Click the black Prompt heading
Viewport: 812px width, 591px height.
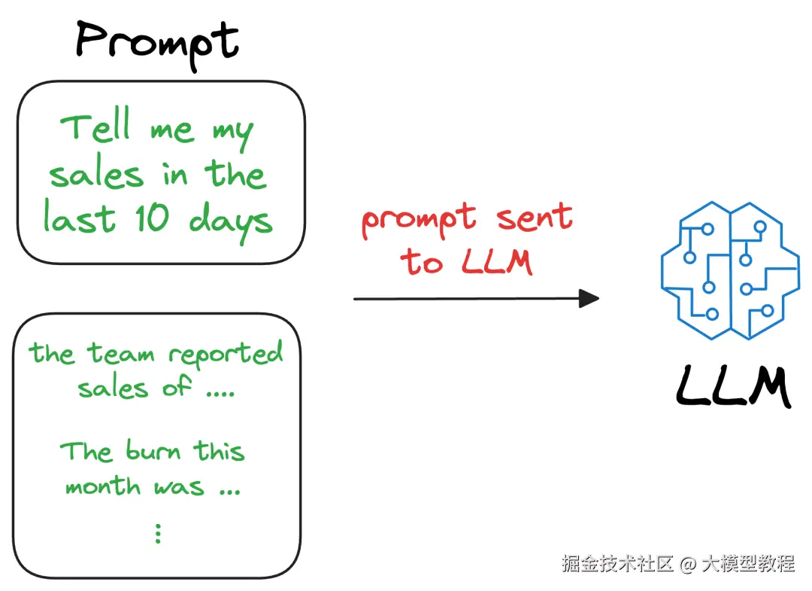pyautogui.click(x=157, y=41)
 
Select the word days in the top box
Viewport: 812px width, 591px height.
pyautogui.click(x=230, y=220)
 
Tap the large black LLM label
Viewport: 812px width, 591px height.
pyautogui.click(x=732, y=388)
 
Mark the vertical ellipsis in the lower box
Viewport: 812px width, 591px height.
pyautogui.click(x=158, y=533)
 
